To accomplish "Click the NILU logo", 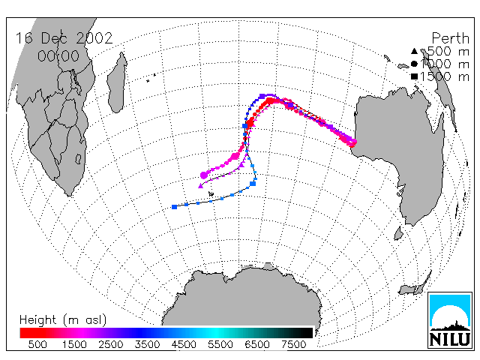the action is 450,320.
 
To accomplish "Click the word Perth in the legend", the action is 450,38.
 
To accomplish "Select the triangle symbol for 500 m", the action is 414,51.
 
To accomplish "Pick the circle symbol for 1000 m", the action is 414,64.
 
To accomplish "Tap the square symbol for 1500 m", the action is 414,76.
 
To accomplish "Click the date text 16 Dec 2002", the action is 64,38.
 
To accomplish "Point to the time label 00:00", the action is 58,56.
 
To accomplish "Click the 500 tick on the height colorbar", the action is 37,345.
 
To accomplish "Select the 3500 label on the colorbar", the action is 147,345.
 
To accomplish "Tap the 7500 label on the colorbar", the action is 293,345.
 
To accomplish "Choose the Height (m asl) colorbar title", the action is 63,320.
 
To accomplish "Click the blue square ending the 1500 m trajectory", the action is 175,207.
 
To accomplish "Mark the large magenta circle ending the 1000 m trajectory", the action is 204,175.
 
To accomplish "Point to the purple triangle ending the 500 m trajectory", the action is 201,185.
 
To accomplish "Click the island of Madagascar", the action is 117,84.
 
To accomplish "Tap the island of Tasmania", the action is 398,233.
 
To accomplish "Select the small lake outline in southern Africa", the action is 78,159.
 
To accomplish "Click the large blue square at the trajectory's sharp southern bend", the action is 253,184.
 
